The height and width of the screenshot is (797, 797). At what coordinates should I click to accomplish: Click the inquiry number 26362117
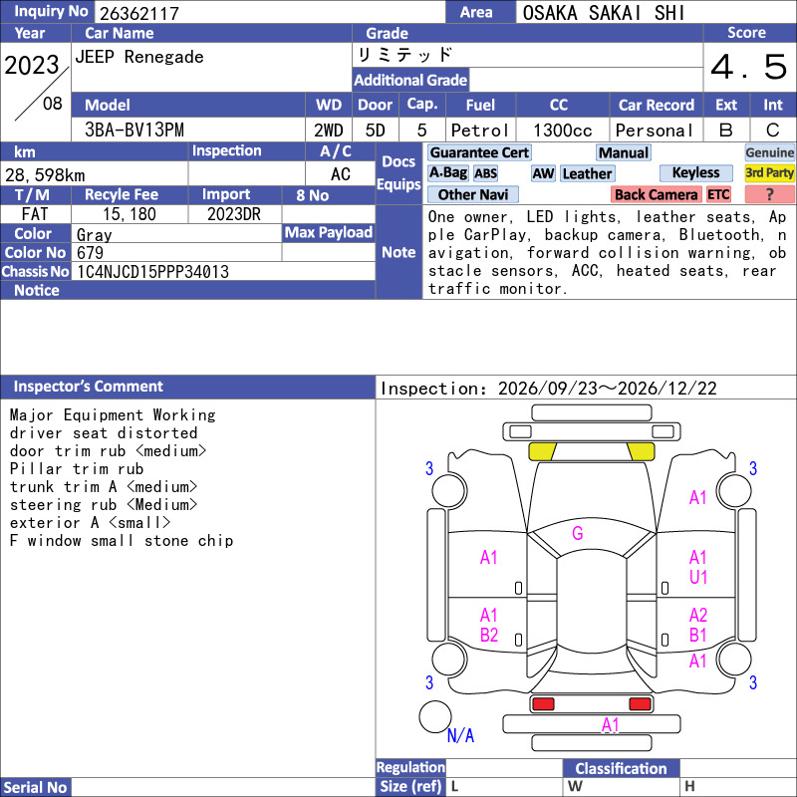139,13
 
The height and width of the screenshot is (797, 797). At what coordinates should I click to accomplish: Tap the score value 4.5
749,67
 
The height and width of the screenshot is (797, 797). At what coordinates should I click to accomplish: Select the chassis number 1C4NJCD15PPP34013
152,272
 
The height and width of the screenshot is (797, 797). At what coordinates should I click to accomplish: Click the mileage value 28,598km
45,175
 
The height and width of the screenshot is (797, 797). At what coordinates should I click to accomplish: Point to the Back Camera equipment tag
656,194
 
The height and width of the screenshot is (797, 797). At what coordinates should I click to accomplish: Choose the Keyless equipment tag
695,172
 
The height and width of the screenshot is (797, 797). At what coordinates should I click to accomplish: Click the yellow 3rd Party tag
769,172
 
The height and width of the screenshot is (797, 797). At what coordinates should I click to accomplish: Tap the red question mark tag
769,194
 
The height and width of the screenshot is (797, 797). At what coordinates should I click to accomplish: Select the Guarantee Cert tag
479,152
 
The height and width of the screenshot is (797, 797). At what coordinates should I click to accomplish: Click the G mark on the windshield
578,533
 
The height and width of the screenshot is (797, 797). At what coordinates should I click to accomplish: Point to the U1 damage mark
698,577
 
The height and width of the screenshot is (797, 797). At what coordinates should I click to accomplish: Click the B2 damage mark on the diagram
489,635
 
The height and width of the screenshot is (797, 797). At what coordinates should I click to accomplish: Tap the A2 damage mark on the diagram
698,616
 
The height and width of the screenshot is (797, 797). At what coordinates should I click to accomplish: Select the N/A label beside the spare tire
460,735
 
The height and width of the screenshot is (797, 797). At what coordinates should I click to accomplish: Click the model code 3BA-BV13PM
134,131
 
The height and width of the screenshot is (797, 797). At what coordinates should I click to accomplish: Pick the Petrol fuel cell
480,131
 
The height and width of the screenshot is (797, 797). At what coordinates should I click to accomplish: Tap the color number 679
90,253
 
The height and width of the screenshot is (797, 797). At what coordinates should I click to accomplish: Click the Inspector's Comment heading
89,387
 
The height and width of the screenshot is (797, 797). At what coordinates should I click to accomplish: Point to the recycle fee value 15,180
130,214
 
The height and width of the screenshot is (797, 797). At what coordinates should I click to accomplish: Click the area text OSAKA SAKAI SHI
604,13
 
